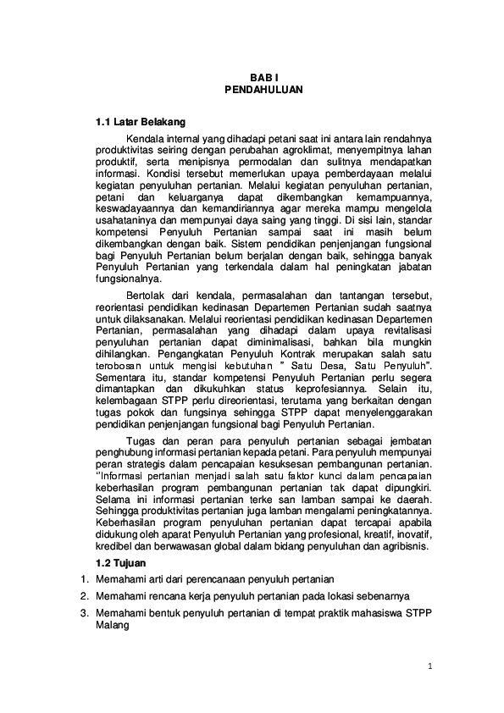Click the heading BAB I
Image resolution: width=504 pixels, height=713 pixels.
[x=252, y=75]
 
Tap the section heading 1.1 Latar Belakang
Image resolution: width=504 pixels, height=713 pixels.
[x=141, y=122]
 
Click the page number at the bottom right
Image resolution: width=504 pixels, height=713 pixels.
[x=429, y=666]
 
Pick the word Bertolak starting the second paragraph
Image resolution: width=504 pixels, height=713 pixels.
[x=147, y=290]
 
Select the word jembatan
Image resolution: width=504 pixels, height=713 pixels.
[x=406, y=442]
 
